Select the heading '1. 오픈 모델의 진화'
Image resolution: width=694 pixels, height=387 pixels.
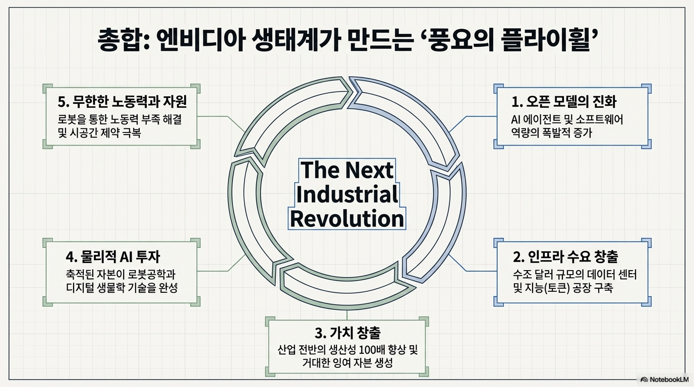click(564, 101)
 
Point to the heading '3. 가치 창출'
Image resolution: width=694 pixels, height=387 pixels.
click(347, 333)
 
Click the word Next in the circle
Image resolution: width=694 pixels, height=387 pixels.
click(370, 170)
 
